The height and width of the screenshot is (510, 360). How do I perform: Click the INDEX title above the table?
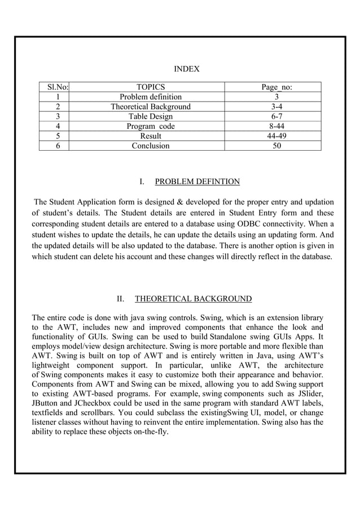pos(186,69)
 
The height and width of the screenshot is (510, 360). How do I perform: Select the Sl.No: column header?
pos(54,87)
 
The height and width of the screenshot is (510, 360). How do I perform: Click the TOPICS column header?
pos(151,87)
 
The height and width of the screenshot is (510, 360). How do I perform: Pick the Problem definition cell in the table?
pos(151,97)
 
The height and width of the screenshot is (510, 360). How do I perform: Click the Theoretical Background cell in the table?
pos(151,107)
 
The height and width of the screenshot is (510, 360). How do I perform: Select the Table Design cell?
pos(151,116)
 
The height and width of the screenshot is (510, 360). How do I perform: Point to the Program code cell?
pos(151,126)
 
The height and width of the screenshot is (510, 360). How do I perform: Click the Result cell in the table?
pos(151,136)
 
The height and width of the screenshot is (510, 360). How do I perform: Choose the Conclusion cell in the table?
pos(151,146)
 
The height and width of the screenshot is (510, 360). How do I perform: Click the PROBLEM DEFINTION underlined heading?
pos(197,181)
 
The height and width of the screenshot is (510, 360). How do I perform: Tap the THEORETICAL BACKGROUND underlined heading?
pos(193,299)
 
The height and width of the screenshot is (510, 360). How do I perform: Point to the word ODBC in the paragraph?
pos(249,224)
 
